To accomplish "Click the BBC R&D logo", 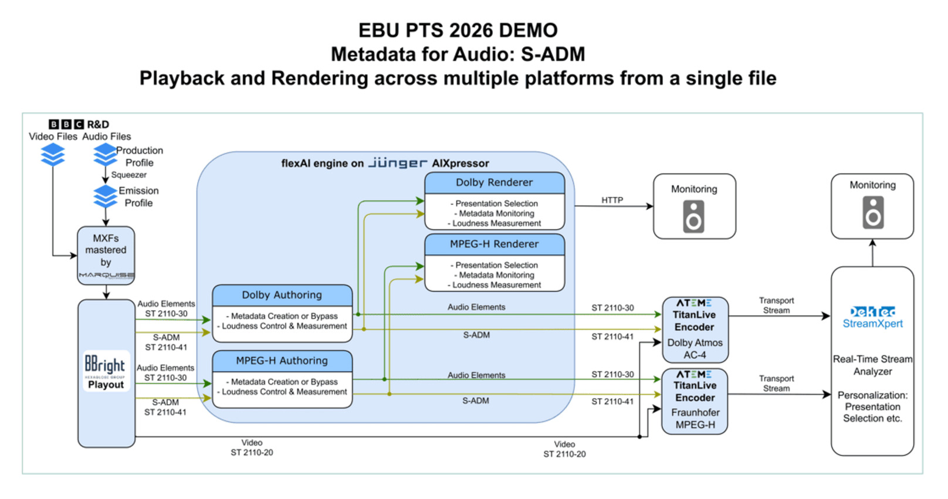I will click(x=79, y=124).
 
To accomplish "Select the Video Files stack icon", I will click(x=53, y=155).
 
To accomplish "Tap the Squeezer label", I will click(x=128, y=175).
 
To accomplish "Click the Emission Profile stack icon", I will click(x=106, y=196).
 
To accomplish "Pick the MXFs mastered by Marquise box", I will click(x=106, y=256).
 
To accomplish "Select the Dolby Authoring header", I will click(x=282, y=295).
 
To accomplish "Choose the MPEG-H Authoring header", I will click(x=282, y=361).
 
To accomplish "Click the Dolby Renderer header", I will click(x=495, y=182).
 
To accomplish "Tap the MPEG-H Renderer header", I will click(x=495, y=244).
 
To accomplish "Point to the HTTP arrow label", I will click(x=612, y=200).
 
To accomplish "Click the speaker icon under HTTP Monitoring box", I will click(x=694, y=216).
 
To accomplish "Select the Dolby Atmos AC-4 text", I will click(x=695, y=349).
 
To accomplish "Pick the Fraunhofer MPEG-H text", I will click(x=695, y=419).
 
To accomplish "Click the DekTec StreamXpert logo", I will click(x=872, y=317).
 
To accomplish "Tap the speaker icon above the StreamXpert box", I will click(x=873, y=212).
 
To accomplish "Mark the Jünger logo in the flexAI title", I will click(x=398, y=163).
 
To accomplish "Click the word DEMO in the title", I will click(x=526, y=30).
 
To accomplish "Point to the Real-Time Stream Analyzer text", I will click(x=872, y=365).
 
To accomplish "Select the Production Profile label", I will click(x=140, y=157).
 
